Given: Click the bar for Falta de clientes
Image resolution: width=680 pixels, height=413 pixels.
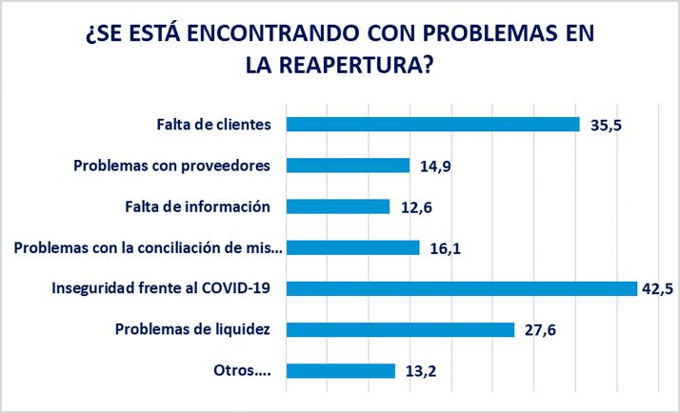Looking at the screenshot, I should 433,124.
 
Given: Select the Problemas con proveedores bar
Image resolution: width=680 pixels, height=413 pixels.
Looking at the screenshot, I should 348,166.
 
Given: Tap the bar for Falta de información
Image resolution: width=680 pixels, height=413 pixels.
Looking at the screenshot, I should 338,206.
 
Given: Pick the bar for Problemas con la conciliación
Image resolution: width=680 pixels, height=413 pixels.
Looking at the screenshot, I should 352,247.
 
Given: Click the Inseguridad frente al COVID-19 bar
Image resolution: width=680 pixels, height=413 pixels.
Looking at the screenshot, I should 461,288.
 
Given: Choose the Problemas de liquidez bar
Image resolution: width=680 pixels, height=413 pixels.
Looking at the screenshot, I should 400,330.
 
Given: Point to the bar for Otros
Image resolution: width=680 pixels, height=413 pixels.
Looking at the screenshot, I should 340,371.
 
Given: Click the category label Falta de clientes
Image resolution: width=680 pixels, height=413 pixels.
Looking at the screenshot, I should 214,124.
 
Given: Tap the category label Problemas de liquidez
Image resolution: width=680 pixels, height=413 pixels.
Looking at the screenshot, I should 193,330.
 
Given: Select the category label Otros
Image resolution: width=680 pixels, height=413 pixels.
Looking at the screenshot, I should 239,371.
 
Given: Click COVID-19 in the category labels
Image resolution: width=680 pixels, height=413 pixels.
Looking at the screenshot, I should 240,288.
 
